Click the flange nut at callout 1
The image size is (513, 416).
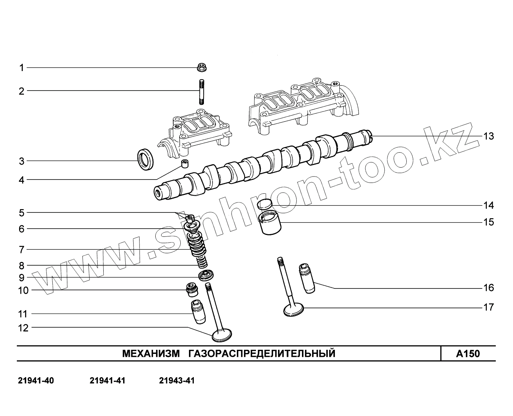pos(202,68)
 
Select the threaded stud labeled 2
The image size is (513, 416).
pos(201,92)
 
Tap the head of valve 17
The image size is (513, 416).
pos(294,310)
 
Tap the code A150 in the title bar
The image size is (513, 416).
pos(468,354)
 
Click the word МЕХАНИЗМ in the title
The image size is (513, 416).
pos(151,354)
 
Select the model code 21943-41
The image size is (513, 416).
pos(177,381)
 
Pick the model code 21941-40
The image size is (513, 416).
pos(36,381)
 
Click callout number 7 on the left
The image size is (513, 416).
pos(22,249)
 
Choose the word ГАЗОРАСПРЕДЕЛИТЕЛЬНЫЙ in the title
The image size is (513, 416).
pos(262,354)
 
